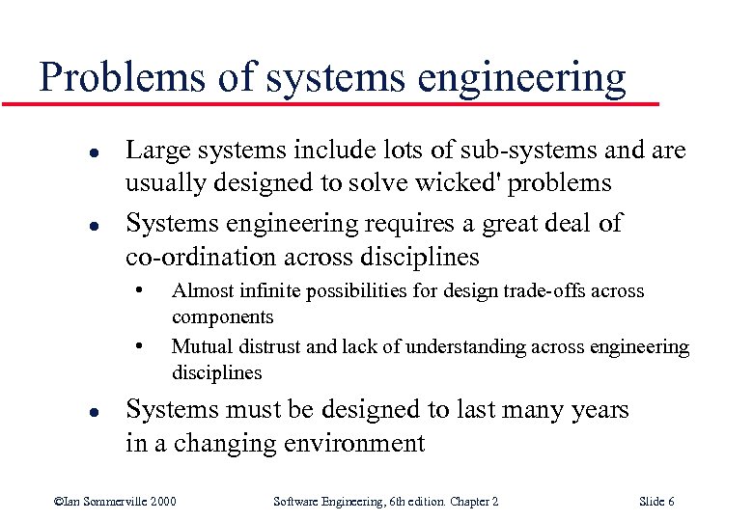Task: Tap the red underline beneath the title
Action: (338, 102)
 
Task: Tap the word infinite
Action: (280, 290)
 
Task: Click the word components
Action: (223, 316)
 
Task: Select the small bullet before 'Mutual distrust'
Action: (141, 343)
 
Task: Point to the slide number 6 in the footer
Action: (670, 501)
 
